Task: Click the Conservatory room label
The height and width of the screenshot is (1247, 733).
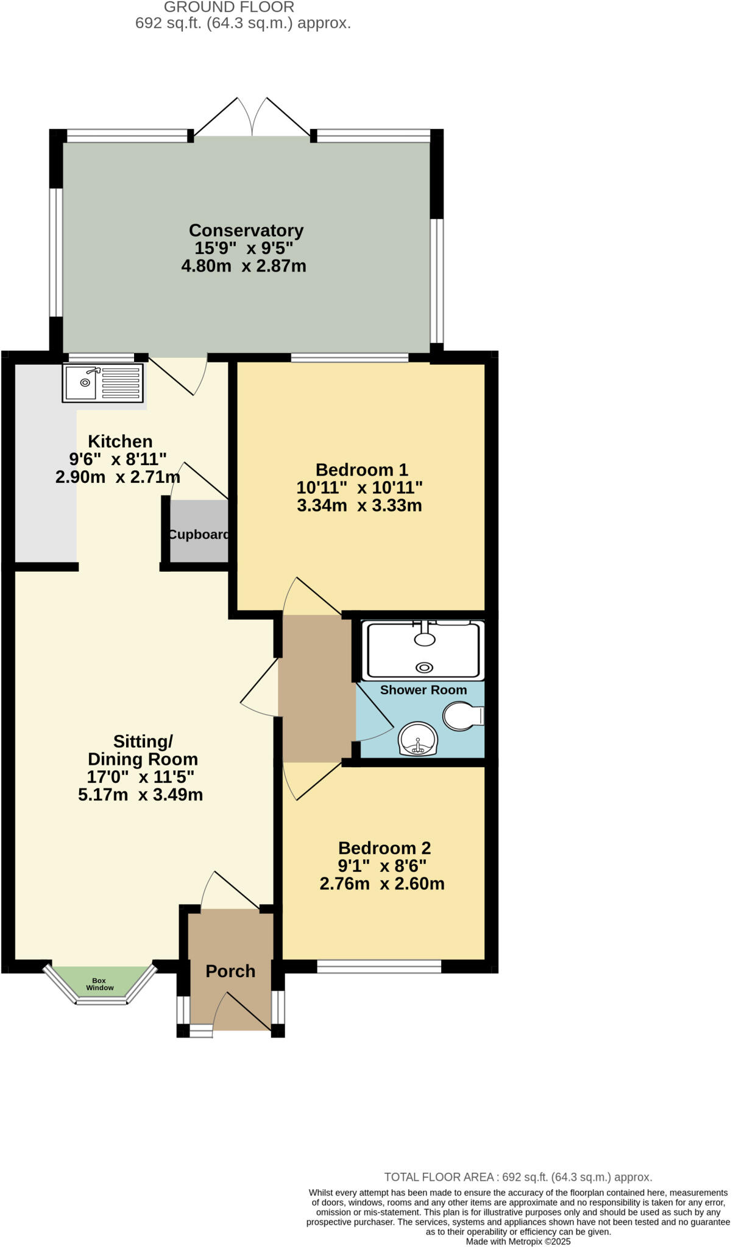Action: click(x=246, y=231)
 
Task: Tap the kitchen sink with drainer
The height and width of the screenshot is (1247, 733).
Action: click(x=103, y=383)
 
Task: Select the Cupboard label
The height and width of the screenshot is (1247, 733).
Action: click(x=199, y=535)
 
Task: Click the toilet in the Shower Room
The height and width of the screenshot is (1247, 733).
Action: click(x=462, y=716)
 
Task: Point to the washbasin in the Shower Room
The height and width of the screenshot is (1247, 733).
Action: click(x=418, y=739)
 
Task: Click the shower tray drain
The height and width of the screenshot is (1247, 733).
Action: click(x=425, y=668)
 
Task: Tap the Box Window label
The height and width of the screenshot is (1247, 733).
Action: click(x=99, y=984)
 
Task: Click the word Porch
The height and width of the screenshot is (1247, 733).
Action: click(x=230, y=971)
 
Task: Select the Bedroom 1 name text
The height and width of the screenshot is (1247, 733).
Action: click(x=361, y=470)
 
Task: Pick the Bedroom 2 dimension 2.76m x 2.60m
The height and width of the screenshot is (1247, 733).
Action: click(x=382, y=883)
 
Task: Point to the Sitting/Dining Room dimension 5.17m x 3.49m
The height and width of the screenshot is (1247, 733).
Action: click(x=140, y=795)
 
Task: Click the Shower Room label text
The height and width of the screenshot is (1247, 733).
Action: click(x=423, y=690)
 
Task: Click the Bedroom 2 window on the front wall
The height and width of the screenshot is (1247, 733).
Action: click(x=379, y=966)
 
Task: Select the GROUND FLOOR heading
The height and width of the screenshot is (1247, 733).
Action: click(x=229, y=7)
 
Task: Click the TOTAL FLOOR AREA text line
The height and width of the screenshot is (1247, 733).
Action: click(x=518, y=1177)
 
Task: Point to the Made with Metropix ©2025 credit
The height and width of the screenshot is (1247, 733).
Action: click(x=518, y=1241)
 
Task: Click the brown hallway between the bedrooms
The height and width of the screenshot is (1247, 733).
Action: click(x=316, y=688)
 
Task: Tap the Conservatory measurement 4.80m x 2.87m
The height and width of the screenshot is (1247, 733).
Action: click(x=244, y=266)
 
